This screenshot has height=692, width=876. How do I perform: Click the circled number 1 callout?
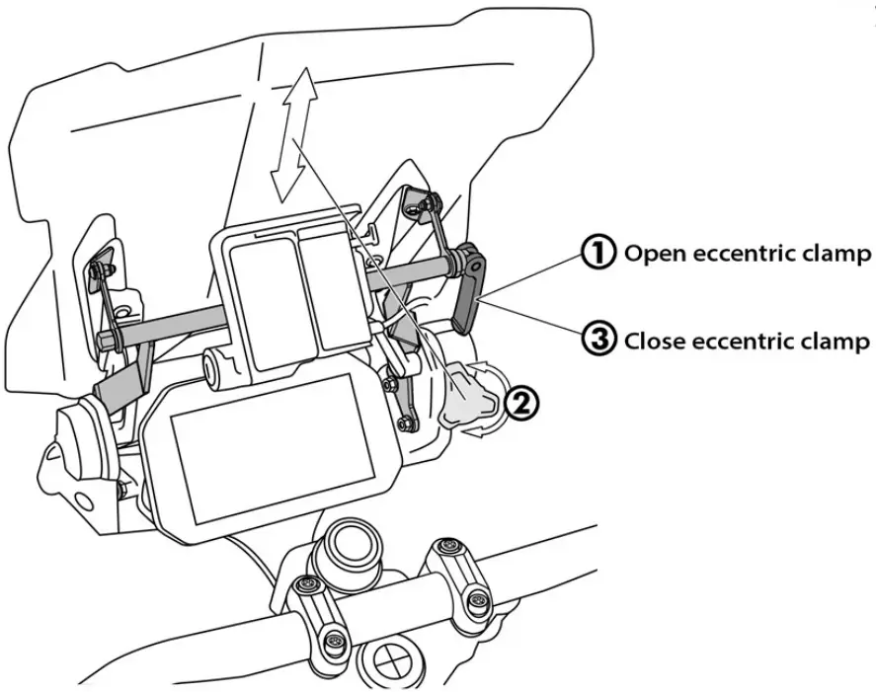[598, 253]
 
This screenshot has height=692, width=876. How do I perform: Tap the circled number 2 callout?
[522, 403]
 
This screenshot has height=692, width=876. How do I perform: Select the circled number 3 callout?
[598, 342]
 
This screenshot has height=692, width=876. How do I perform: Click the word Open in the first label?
[656, 254]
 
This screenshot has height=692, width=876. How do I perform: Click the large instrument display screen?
[263, 448]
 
